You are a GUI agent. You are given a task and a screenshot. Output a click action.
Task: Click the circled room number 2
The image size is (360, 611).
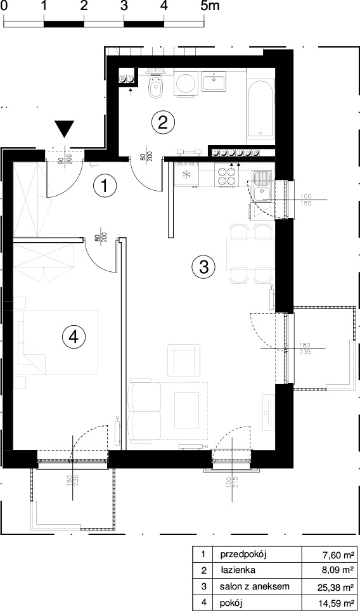[163, 122]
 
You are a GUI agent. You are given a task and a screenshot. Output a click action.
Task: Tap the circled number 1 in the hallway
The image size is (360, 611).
[105, 186]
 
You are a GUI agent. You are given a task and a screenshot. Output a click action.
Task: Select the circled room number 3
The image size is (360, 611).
[204, 267]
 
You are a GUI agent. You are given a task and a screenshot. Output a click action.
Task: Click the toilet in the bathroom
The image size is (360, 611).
[157, 84]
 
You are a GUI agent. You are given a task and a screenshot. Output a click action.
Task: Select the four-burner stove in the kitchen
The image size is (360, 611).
[227, 176]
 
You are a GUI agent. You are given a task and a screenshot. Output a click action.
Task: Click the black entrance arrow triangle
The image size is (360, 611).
[64, 129]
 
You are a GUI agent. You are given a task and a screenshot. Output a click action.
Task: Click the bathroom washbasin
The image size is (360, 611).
[214, 81]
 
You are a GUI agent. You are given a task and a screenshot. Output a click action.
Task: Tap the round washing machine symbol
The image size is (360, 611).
[186, 82]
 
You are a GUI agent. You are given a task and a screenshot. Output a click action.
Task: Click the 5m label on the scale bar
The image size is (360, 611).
[210, 6]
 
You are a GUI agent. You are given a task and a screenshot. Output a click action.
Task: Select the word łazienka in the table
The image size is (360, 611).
[237, 570]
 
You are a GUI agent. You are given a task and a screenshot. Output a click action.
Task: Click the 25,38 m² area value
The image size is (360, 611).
[335, 587]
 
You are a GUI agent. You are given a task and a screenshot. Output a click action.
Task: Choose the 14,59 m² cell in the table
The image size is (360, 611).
[335, 603]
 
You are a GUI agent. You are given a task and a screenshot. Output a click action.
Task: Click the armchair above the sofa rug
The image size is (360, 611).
[184, 360]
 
